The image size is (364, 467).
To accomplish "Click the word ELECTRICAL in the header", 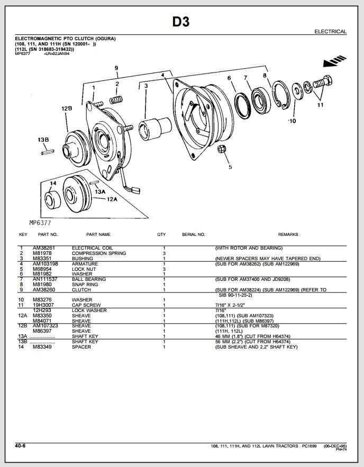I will (x=330, y=32).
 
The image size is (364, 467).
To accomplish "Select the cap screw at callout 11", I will (x=322, y=84).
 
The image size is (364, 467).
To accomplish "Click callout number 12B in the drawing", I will (x=67, y=108).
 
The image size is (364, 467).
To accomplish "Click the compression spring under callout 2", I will (x=116, y=99).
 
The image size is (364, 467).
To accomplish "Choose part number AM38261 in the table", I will (x=44, y=248).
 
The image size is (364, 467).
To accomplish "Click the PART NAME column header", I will (x=98, y=234).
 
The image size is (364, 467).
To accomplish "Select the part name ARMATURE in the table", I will (x=85, y=263).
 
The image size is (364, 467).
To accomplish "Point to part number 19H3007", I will (x=43, y=305).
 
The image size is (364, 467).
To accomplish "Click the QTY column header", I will (x=161, y=234).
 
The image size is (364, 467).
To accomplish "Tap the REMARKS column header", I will (x=288, y=234).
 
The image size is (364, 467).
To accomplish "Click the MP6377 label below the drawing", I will (x=40, y=223).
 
